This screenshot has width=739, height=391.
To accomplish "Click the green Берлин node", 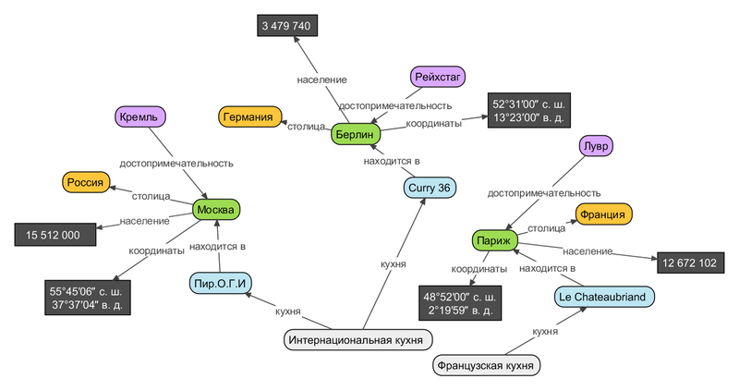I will [x=355, y=133].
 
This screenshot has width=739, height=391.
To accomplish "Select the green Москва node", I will [x=217, y=210].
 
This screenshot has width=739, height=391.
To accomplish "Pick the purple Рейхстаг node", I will [x=435, y=77].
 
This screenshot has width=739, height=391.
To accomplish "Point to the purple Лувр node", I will [x=595, y=146].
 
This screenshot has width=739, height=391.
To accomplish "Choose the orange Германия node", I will [x=249, y=117].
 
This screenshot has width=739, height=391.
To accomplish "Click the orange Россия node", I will [x=84, y=182].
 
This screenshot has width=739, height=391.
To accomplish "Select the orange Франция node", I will [x=602, y=214].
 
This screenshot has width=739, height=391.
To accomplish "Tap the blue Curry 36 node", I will [x=430, y=188].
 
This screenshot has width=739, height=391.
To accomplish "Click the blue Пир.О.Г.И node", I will [x=221, y=281].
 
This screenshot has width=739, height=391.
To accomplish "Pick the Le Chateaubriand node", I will [x=604, y=297].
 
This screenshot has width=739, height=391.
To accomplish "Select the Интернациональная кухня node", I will [x=358, y=340].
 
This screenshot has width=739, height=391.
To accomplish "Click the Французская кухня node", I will [x=486, y=365].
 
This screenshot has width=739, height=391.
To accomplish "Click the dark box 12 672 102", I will [x=688, y=263].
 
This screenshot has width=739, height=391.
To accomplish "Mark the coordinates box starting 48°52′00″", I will [x=460, y=303].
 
